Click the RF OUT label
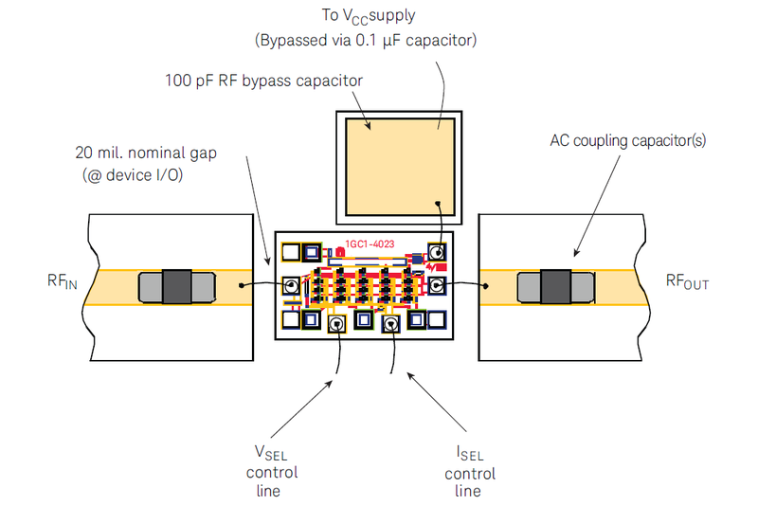pyautogui.click(x=687, y=281)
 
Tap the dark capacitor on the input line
pyautogui.click(x=176, y=287)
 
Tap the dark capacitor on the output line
pyautogui.click(x=555, y=287)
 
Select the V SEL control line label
pyautogui.click(x=273, y=472)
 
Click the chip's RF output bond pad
pyautogui.click(x=437, y=285)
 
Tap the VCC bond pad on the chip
pyautogui.click(x=437, y=253)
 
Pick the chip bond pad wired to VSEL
pyautogui.click(x=336, y=325)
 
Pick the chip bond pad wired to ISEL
pyautogui.click(x=390, y=325)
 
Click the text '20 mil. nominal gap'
pyautogui.click(x=147, y=152)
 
